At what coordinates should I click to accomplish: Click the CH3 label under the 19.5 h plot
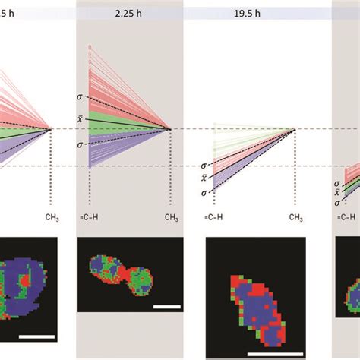click(294, 217)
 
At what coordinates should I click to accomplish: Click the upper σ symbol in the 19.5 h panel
click(203, 165)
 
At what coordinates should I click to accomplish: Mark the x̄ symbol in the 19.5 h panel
click(203, 178)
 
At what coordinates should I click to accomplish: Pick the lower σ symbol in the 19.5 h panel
click(203, 193)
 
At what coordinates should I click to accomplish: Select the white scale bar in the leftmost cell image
click(36, 335)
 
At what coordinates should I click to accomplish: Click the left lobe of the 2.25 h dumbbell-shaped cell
click(106, 269)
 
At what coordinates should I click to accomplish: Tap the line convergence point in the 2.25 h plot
click(170, 129)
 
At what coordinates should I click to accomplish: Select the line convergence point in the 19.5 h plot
click(295, 129)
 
